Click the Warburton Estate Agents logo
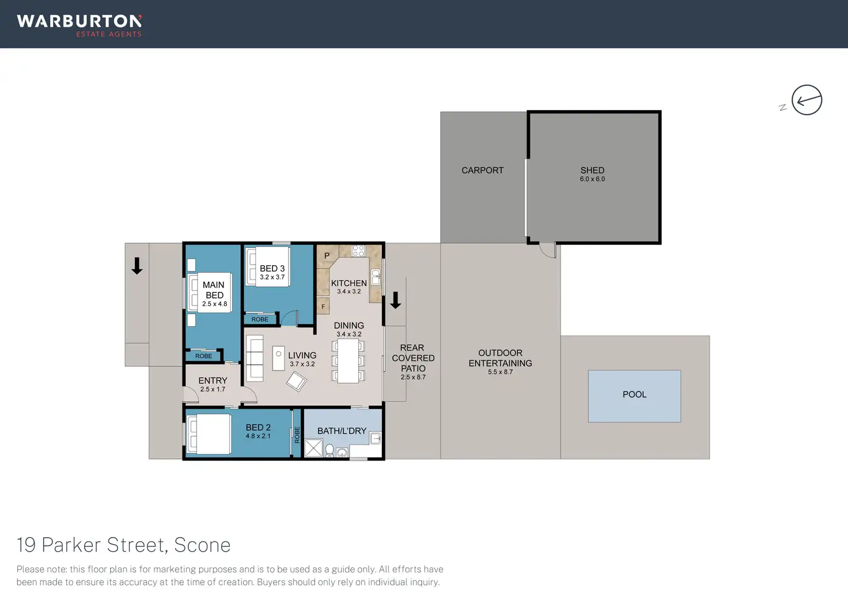(79, 25)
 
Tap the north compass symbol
(806, 100)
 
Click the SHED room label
(592, 171)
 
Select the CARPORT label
(482, 171)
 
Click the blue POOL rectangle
(634, 396)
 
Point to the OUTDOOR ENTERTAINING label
(500, 358)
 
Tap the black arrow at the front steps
(137, 266)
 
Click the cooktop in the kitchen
(358, 251)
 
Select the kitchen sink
(376, 277)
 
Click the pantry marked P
(327, 255)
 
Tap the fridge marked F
(323, 307)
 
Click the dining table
(348, 361)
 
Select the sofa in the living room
(254, 357)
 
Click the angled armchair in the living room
(297, 381)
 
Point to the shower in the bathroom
(313, 448)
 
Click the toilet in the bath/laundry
(330, 450)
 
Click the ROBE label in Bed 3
(260, 319)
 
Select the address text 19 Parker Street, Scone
(124, 545)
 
